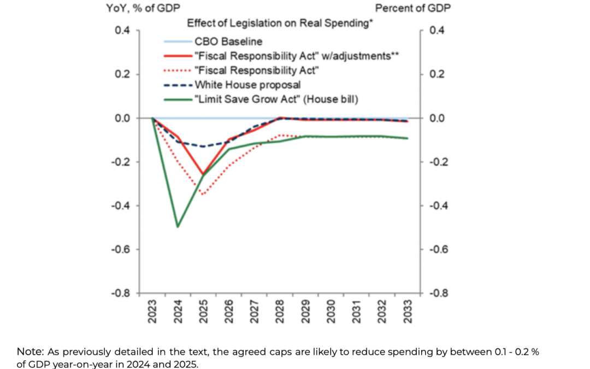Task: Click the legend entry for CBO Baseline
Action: point(228,41)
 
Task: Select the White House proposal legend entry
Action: point(247,85)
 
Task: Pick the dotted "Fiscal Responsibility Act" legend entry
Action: point(257,70)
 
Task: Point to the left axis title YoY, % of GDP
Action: point(143,8)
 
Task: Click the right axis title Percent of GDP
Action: point(412,8)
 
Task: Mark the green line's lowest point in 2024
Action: point(178,226)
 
